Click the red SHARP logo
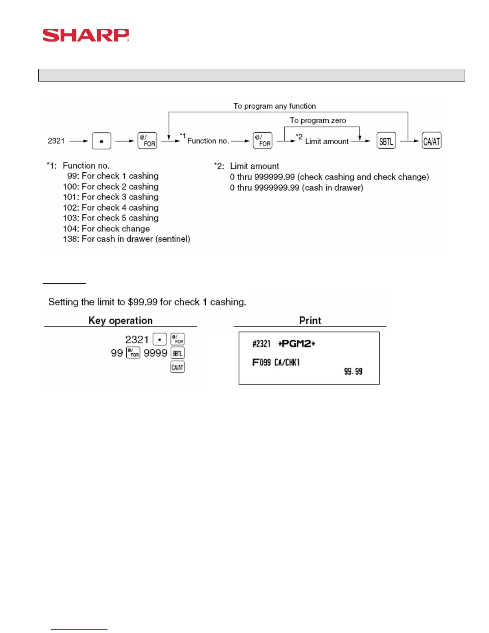(85, 35)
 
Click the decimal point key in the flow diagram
(101, 141)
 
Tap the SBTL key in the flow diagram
(386, 141)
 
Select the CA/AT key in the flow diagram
(431, 141)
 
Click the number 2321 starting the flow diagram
(56, 141)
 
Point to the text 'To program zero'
(318, 120)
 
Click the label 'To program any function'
(274, 106)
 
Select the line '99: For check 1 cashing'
(113, 176)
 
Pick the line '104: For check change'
(106, 229)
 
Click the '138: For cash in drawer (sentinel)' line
(126, 239)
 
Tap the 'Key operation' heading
(120, 320)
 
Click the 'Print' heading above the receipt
(310, 320)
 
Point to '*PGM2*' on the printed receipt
(296, 344)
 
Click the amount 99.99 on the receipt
(353, 372)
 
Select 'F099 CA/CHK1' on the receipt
(276, 362)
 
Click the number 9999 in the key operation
(155, 353)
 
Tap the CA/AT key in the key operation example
(177, 367)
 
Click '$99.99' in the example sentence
(143, 302)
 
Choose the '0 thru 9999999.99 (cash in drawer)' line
(296, 188)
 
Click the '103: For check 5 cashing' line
(111, 218)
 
